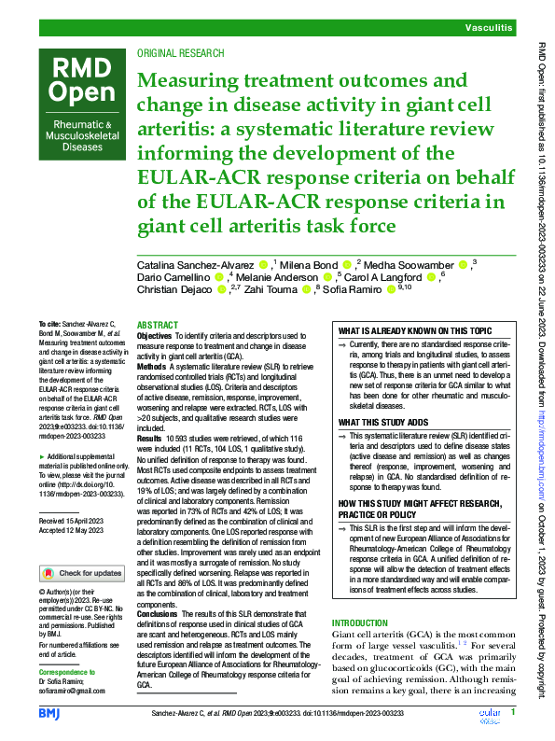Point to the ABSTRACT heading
pyautogui.click(x=157, y=323)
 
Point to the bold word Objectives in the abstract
pyautogui.click(x=155, y=334)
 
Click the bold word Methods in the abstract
pyautogui.click(x=153, y=367)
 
